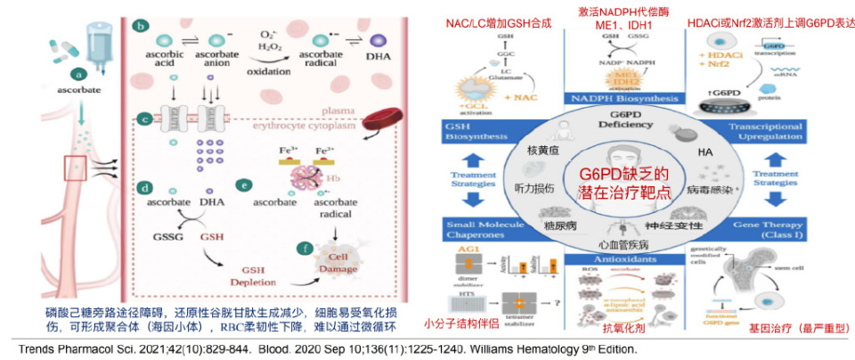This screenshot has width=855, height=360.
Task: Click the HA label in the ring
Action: pos(706,152)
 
